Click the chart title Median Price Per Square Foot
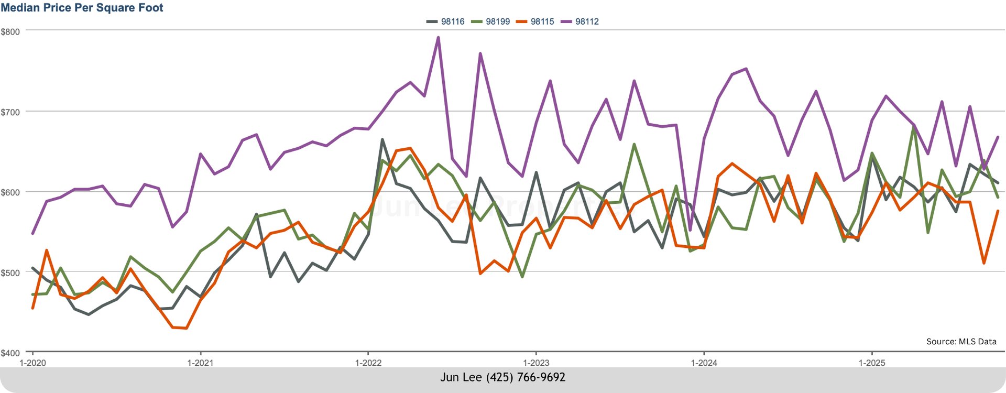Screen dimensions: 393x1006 coord(82,8)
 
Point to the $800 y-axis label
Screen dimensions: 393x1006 coord(10,31)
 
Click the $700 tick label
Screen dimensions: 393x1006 coord(10,112)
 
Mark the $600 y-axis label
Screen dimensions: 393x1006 coord(10,192)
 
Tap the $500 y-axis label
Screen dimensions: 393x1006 coord(10,273)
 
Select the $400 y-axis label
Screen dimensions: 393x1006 coord(10,353)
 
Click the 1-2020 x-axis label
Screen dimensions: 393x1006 coord(32,363)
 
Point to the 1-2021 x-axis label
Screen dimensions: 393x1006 coord(200,363)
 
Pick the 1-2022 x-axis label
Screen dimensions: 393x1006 coord(368,363)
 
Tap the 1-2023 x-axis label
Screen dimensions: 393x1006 coord(536,363)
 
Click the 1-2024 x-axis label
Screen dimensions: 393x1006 coord(704,363)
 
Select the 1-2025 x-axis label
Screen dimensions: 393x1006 coord(871,363)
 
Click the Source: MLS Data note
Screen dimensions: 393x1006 coord(961,342)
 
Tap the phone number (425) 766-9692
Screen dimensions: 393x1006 coord(526,377)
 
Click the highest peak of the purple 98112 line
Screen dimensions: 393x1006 coord(438,37)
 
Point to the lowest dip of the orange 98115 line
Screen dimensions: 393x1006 coord(187,329)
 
